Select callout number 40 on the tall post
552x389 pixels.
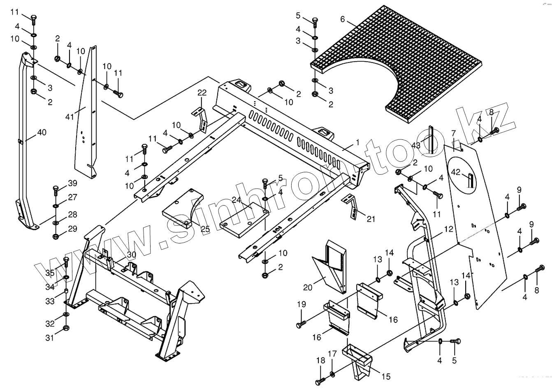[42, 132]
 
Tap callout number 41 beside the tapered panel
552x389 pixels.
[70, 117]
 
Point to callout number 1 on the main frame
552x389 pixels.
[357, 142]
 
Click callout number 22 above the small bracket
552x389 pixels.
[202, 92]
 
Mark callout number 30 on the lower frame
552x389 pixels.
[131, 255]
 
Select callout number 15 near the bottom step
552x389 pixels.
[386, 376]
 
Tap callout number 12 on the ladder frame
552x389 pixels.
[449, 229]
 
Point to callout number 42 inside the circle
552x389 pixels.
[455, 172]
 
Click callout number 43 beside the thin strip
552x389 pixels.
[416, 146]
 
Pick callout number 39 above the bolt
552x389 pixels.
[72, 183]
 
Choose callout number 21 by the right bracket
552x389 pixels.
[371, 219]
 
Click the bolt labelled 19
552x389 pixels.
[299, 325]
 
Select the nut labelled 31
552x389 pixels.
[66, 328]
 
